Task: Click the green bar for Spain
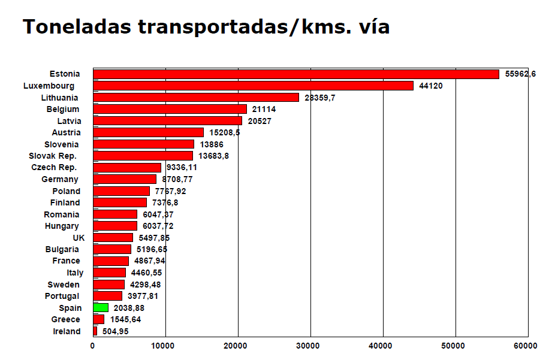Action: point(101,308)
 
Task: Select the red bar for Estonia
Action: point(296,74)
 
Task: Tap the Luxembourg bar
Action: point(254,86)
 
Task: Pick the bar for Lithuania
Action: point(196,97)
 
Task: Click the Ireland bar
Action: point(95,331)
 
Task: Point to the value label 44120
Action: point(430,86)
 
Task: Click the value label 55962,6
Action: point(520,74)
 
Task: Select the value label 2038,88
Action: point(129,308)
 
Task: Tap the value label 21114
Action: point(264,109)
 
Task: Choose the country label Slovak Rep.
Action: point(53,156)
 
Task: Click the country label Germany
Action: point(59,179)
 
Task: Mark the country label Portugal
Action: point(62,296)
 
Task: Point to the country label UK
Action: point(79,238)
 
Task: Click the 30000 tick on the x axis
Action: point(310,346)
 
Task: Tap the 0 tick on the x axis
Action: point(93,346)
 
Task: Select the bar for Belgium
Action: point(170,109)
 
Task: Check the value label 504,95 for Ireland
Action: point(116,331)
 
